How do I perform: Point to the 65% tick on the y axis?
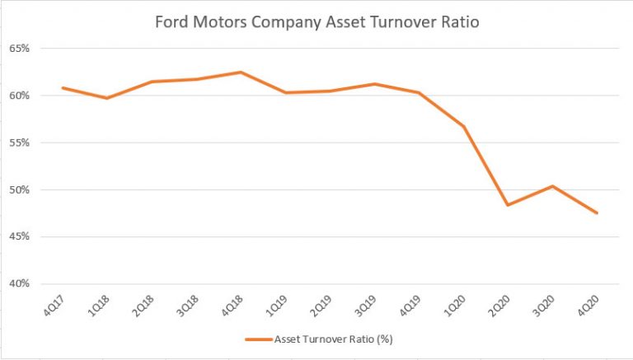click(x=20, y=49)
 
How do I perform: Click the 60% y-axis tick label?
click(x=20, y=96)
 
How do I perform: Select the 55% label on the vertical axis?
click(x=20, y=143)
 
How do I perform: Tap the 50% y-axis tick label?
click(x=20, y=189)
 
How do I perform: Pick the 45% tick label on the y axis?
click(x=20, y=237)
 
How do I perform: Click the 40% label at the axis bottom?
click(x=20, y=284)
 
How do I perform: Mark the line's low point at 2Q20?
click(x=508, y=205)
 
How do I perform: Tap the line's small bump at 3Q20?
click(x=552, y=186)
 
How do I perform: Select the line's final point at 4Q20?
click(x=597, y=213)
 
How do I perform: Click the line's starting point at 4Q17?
click(x=63, y=87)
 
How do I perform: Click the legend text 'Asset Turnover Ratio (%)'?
click(x=339, y=339)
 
